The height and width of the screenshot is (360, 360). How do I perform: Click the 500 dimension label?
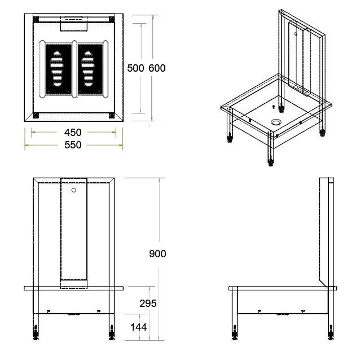135,68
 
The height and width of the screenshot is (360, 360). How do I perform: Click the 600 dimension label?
157,68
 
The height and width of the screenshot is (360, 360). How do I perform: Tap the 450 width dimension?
73,133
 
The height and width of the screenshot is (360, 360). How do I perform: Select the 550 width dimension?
73,145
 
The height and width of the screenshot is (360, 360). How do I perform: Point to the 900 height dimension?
157,254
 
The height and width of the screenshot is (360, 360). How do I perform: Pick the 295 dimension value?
148,304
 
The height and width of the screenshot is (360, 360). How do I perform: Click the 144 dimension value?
138,327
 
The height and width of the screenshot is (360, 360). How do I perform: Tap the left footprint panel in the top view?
58,69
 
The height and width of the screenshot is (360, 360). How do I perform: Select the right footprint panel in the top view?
90,69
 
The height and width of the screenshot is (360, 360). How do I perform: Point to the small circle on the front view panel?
74,190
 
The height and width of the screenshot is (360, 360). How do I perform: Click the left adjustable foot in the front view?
36,332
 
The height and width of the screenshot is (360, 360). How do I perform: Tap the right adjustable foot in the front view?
112,332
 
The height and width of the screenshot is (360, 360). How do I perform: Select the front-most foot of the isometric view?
271,161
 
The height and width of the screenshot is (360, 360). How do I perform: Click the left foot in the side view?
235,332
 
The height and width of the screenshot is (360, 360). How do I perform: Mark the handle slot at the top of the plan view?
73,17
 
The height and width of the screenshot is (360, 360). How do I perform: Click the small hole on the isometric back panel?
296,34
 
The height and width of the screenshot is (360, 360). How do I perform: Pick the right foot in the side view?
331,332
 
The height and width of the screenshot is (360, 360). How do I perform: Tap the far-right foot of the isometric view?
323,133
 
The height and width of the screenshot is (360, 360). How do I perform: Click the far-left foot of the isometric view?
230,139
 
